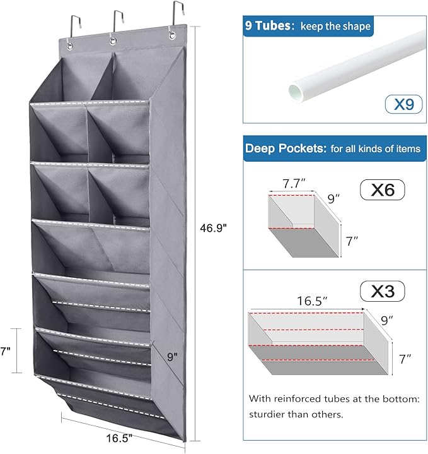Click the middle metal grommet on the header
point(113,42)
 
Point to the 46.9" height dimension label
point(213,228)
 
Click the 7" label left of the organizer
point(5,351)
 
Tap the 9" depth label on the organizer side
point(172,357)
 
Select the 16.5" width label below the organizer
point(119,438)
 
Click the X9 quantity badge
point(403,104)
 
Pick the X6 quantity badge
point(383,190)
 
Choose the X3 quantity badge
point(383,291)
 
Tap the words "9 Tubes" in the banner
point(268,26)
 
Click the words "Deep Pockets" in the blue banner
point(284,148)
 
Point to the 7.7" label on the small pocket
point(294,184)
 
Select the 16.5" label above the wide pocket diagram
point(312,301)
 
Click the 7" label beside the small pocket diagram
point(352,241)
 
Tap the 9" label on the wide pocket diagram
point(386,320)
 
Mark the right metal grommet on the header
point(172,36)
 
